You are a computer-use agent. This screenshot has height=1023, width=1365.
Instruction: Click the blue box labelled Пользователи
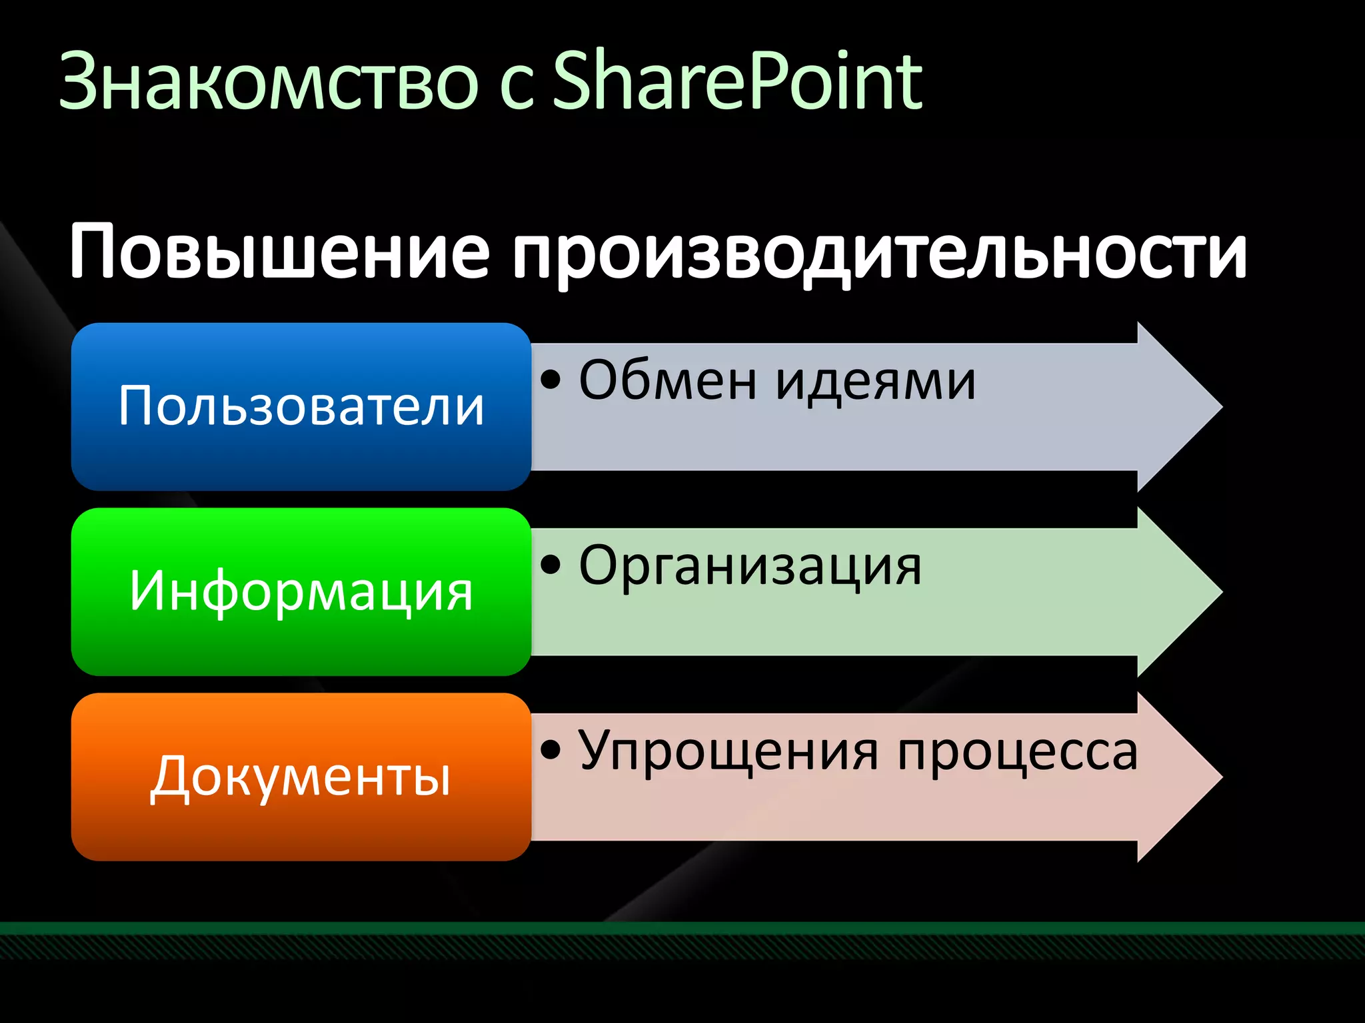[301, 406]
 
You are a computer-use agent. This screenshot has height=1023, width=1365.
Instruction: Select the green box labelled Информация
[301, 591]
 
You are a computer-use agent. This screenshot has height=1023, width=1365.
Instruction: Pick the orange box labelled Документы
[301, 777]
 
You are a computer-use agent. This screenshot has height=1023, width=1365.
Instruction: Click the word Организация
[750, 567]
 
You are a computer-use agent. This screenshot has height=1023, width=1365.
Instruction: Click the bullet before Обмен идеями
[551, 380]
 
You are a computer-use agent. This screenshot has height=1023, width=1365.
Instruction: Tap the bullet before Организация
[551, 565]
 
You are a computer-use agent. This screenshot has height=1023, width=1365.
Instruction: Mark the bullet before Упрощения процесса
[551, 750]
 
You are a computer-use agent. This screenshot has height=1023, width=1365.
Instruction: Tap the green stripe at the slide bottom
[682, 928]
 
